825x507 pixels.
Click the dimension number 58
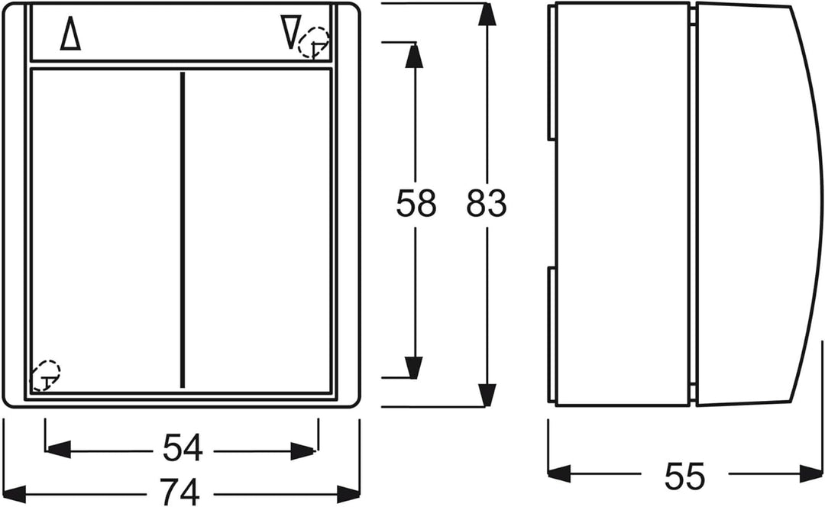click(416, 204)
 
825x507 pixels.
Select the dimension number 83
click(486, 204)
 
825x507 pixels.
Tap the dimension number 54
click(183, 448)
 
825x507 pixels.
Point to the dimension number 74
click(180, 492)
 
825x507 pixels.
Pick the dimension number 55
click(684, 476)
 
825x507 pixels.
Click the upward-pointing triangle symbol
click(70, 34)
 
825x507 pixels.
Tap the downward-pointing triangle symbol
click(291, 31)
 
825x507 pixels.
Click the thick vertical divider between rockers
click(183, 230)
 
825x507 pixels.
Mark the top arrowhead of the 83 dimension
click(487, 15)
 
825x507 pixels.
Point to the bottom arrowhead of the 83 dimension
click(487, 395)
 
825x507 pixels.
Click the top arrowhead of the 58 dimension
click(415, 54)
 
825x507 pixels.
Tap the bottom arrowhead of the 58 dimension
click(415, 367)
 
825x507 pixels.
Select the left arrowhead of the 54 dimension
click(58, 450)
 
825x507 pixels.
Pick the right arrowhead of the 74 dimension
click(348, 494)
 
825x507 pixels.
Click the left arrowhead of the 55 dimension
click(559, 473)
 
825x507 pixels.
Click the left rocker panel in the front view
click(105, 230)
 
